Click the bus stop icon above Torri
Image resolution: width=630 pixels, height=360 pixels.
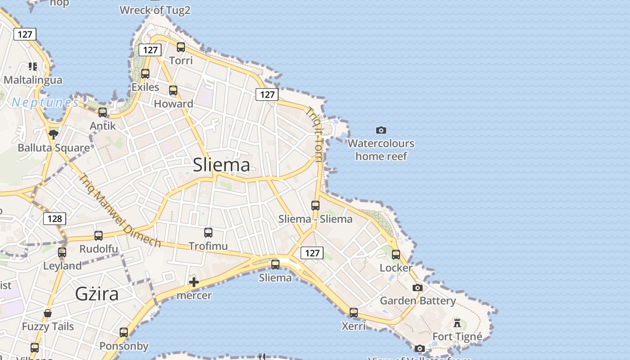click(x=181, y=47)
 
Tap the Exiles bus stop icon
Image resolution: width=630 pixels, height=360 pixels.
click(x=145, y=74)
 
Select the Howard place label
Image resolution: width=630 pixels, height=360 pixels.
click(x=174, y=104)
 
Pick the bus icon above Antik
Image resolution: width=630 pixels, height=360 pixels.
click(x=103, y=112)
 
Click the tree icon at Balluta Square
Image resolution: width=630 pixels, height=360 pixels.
click(x=54, y=134)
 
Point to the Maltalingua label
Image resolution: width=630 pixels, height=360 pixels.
click(x=33, y=80)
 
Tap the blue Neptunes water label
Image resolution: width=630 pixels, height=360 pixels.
click(x=45, y=103)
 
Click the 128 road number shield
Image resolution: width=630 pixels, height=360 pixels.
click(x=54, y=219)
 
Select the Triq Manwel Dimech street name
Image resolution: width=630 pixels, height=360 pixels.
click(x=119, y=210)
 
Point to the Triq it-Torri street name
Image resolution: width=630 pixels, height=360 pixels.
click(x=315, y=135)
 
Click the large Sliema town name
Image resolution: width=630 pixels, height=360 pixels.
click(x=221, y=165)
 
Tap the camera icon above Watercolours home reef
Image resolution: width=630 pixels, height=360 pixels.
click(x=381, y=130)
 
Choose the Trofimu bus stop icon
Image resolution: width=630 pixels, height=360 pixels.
click(x=208, y=233)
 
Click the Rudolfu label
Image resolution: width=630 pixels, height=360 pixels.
click(x=99, y=249)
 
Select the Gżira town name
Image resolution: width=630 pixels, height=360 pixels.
click(x=97, y=294)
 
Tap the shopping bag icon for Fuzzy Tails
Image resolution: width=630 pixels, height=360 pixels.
click(x=48, y=313)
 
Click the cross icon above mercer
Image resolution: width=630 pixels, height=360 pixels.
click(x=194, y=282)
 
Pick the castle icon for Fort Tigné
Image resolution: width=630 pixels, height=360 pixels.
click(x=457, y=323)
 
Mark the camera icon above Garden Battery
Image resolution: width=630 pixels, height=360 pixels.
click(x=418, y=288)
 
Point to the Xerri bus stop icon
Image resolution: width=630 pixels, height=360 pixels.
click(x=354, y=312)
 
